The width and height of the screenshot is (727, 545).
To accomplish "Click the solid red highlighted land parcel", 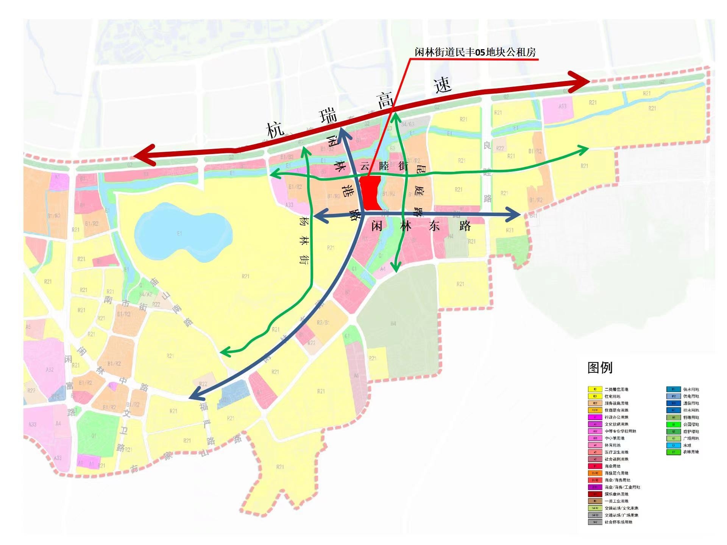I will (x=370, y=193).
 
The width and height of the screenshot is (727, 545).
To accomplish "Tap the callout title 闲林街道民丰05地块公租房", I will (x=475, y=52).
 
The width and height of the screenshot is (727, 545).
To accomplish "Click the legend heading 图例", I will (x=600, y=367).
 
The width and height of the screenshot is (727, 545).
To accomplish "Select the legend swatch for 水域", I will (x=674, y=445).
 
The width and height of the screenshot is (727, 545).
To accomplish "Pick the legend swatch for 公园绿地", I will (x=674, y=424).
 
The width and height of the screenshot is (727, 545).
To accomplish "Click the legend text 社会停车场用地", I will (x=618, y=522).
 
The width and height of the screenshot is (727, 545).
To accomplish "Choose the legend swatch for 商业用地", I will (x=595, y=466).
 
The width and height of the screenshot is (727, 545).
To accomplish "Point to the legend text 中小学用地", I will (x=615, y=438).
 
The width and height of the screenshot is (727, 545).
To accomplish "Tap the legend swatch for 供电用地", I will (x=674, y=396).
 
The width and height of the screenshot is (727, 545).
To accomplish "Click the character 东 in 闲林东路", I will (x=434, y=226).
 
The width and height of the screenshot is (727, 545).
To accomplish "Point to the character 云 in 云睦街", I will (x=365, y=166).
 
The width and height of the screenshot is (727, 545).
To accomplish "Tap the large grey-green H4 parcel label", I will (x=393, y=323).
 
